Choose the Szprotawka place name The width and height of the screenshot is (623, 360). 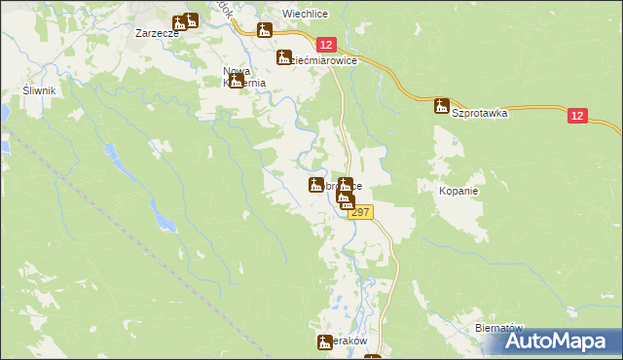480,113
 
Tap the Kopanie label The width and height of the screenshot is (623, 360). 458,191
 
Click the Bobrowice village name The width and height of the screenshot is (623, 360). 343,185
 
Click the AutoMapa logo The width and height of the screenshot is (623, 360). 561,341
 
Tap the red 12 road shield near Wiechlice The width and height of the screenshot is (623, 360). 326,45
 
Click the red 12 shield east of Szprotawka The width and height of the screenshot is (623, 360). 578,116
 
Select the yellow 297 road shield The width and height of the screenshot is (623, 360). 360,212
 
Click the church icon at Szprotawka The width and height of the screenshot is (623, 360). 441,105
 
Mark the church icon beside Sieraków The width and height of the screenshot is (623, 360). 325,342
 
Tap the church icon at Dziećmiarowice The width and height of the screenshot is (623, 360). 283,57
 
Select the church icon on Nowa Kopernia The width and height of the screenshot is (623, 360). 237,81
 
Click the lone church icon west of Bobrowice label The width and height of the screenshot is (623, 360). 315,184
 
